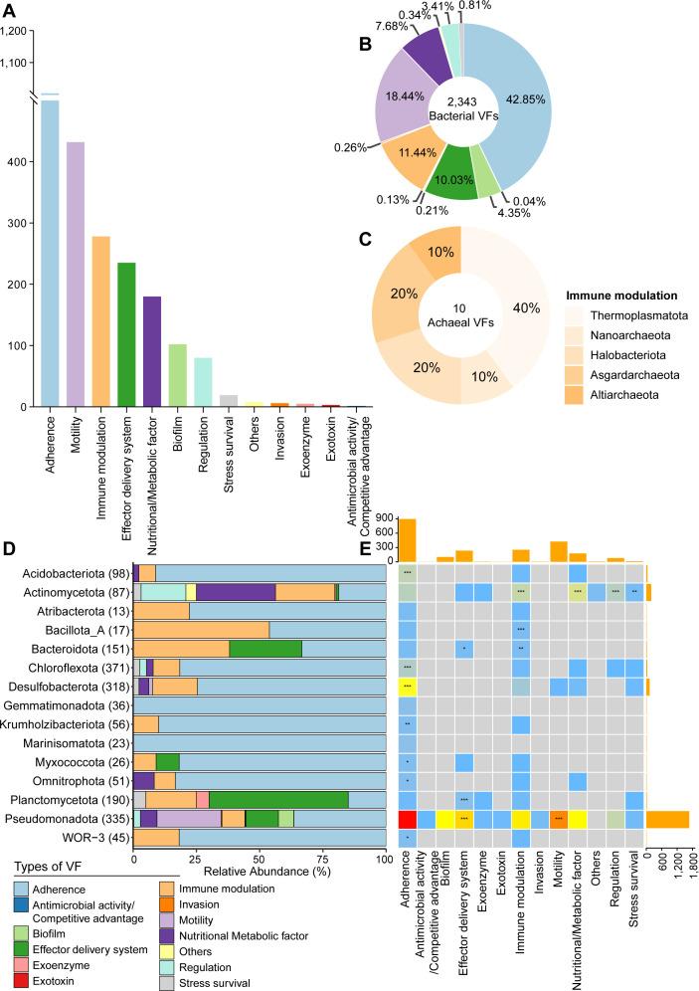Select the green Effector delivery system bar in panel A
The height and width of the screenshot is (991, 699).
click(126, 334)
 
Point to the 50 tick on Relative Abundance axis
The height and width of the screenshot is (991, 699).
click(259, 857)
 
